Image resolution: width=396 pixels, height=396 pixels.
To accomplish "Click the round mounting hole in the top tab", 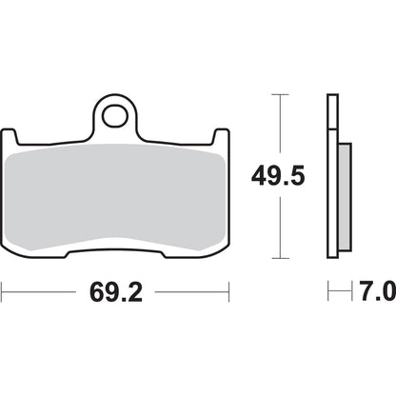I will [x=115, y=117].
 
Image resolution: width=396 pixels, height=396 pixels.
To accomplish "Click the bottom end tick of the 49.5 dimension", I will [x=278, y=258].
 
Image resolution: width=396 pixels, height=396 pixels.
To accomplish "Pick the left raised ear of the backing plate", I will [x=15, y=139].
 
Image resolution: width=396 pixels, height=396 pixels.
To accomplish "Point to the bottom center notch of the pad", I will [x=115, y=250].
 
